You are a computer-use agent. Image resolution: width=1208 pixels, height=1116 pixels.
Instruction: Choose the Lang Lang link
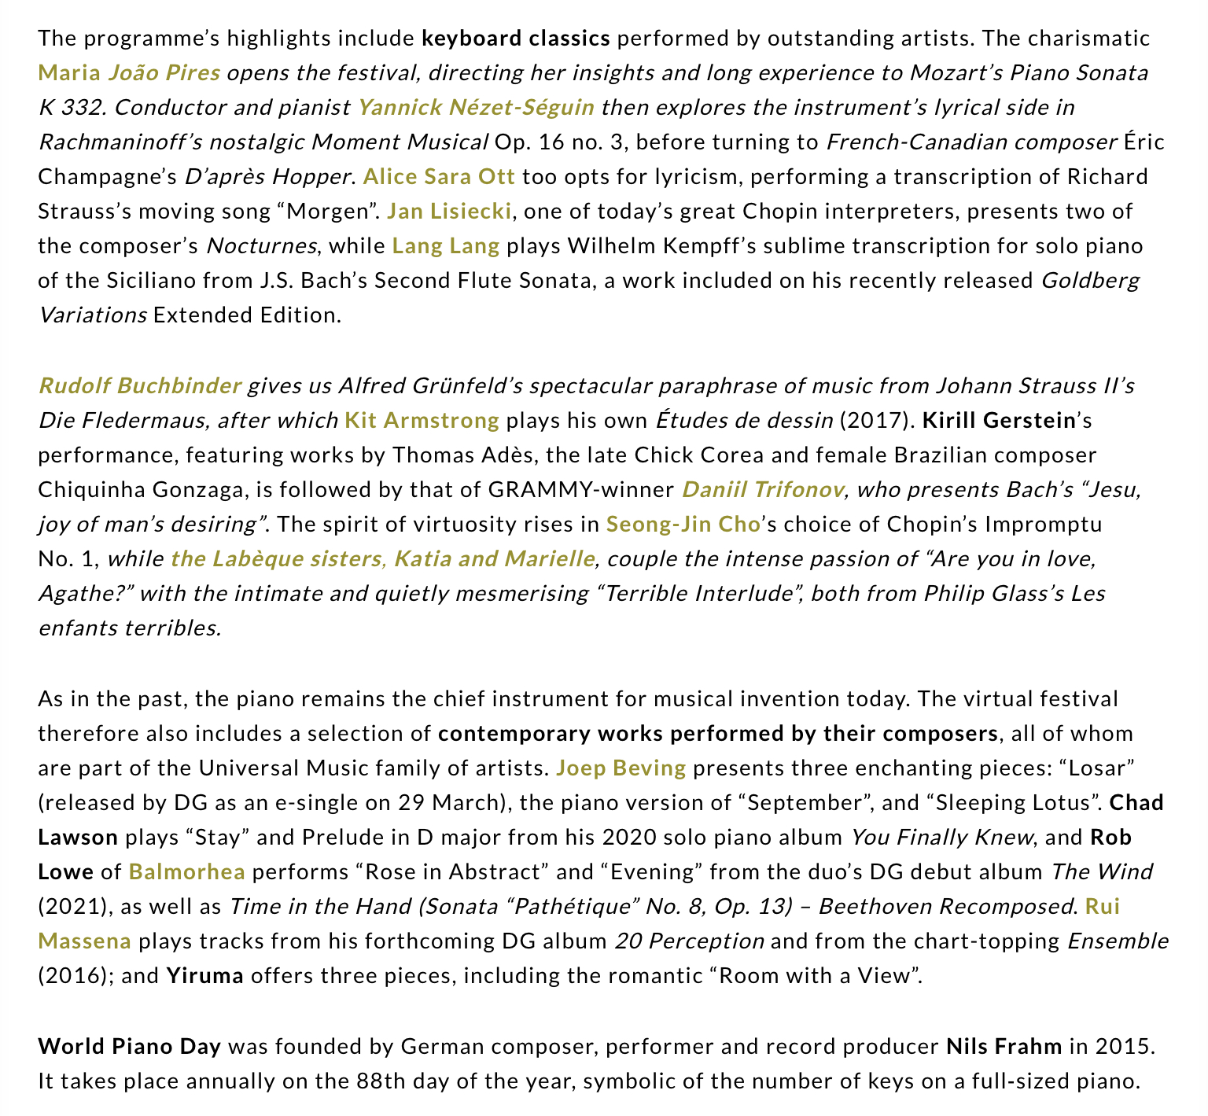pyautogui.click(x=446, y=246)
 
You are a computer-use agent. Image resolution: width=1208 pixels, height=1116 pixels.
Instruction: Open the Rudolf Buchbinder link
pyautogui.click(x=139, y=386)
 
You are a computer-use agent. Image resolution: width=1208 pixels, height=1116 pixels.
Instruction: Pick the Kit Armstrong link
pyautogui.click(x=422, y=421)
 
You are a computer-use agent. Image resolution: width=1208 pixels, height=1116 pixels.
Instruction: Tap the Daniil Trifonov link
pyautogui.click(x=763, y=490)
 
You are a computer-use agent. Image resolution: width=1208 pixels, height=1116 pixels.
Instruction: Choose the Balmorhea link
pyautogui.click(x=186, y=872)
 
